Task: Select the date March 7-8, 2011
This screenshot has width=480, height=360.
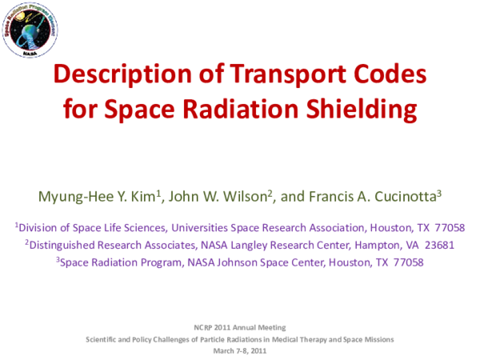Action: (x=239, y=350)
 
